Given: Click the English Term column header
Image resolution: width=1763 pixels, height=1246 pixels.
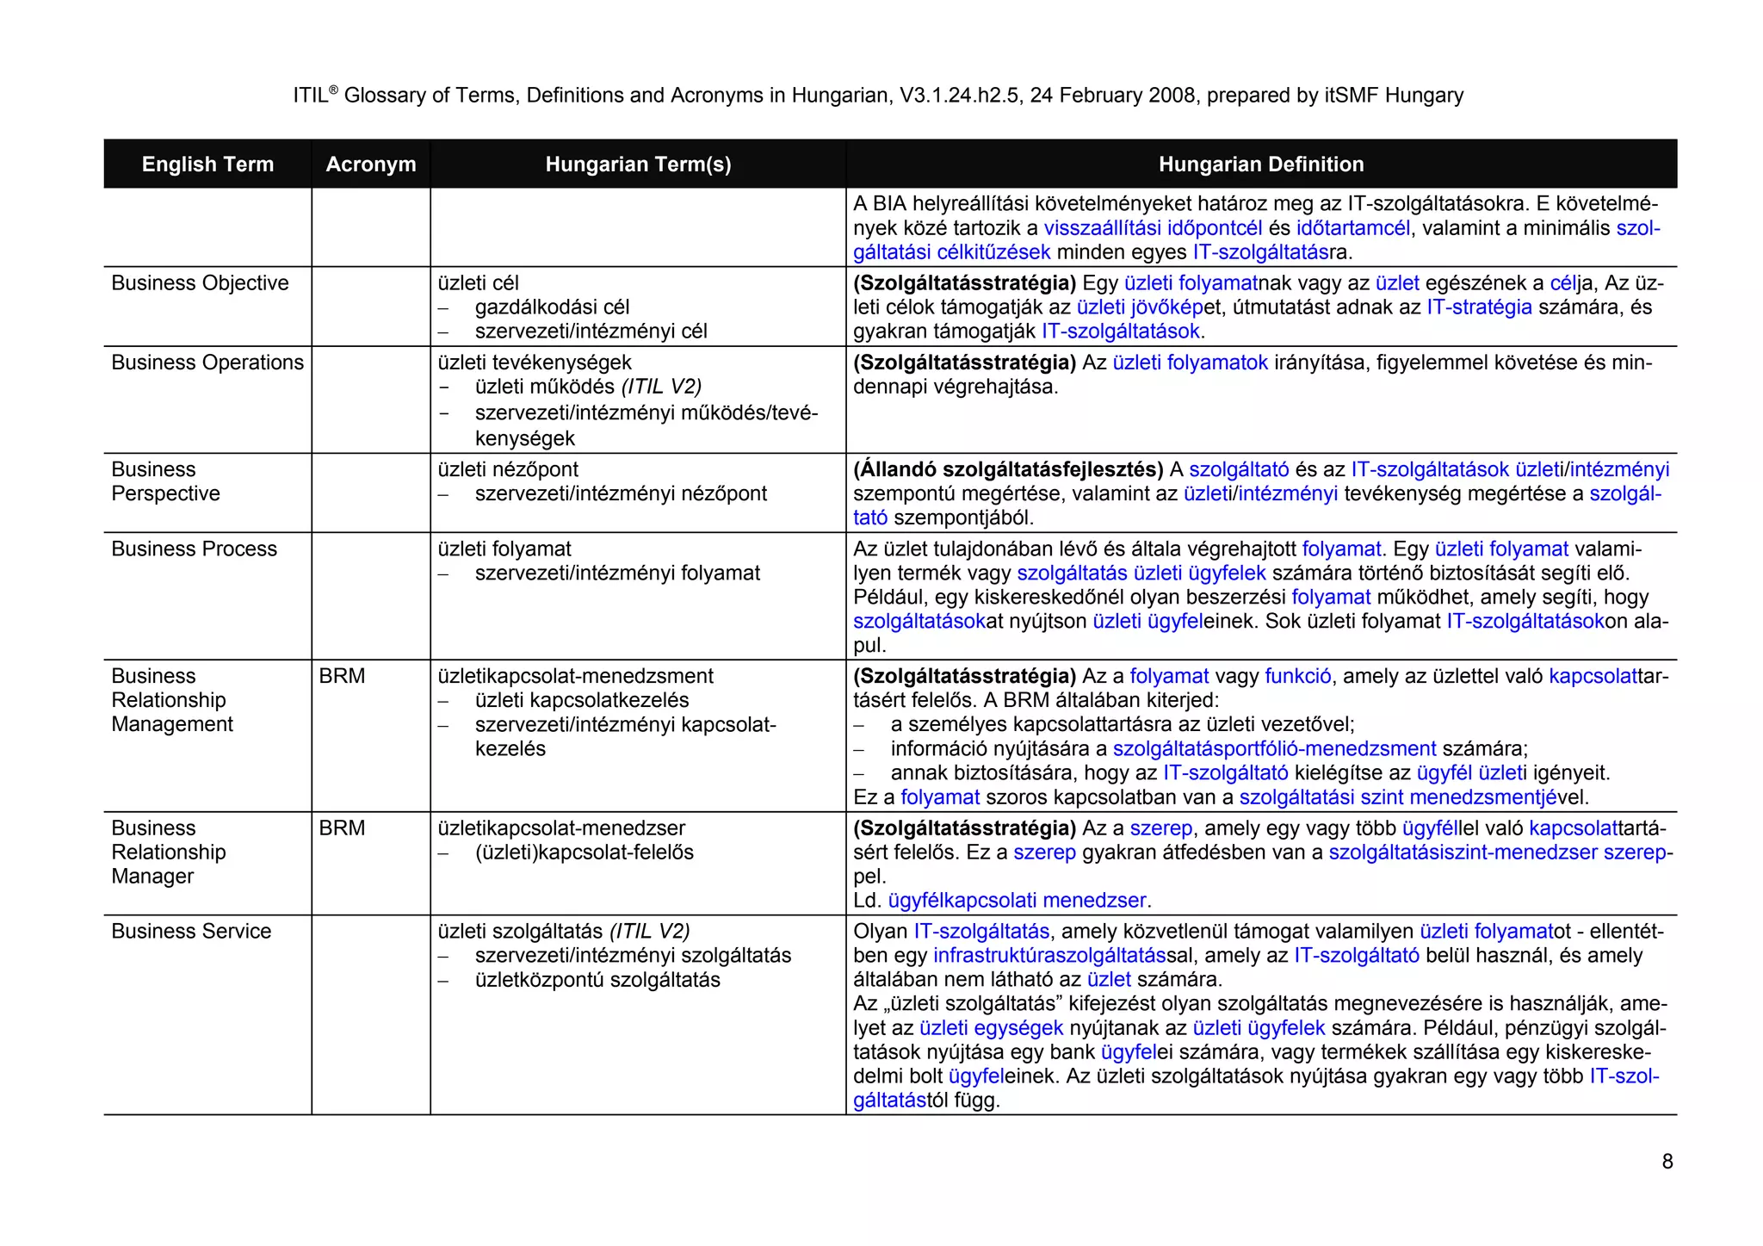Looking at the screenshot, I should click(207, 164).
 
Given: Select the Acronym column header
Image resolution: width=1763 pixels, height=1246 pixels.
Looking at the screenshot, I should click(370, 164).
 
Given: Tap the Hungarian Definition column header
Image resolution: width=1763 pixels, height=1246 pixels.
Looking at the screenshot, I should click(1260, 164).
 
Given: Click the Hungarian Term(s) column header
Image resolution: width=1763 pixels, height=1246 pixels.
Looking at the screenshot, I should click(638, 164).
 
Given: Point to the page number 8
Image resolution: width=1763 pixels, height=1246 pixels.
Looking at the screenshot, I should click(1667, 1162).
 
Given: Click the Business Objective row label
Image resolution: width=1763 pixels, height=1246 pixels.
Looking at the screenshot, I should click(200, 283).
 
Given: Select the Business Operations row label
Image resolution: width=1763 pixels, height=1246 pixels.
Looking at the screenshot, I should click(207, 363).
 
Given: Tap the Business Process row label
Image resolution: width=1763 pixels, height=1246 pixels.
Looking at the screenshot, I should click(194, 549).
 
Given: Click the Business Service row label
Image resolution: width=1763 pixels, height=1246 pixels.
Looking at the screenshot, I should click(191, 931).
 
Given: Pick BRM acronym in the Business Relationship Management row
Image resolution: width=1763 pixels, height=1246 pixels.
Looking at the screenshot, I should click(342, 676).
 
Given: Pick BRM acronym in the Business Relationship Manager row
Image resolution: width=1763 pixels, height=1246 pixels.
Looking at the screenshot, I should click(342, 828).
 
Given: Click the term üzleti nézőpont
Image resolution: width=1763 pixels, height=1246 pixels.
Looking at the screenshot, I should click(508, 469).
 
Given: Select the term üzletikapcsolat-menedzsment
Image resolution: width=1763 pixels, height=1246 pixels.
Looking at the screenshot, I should click(575, 676).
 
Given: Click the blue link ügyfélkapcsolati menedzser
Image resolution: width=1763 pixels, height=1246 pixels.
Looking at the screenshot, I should click(1017, 900).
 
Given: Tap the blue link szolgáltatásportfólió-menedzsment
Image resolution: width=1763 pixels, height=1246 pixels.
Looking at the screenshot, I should click(1274, 748).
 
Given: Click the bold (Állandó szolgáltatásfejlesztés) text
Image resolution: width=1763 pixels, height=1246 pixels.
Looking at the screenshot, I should click(1008, 469).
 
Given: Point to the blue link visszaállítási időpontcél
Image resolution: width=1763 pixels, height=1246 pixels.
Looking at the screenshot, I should click(1153, 228).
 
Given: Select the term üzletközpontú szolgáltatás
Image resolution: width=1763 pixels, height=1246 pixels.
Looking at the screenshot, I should click(597, 980).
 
